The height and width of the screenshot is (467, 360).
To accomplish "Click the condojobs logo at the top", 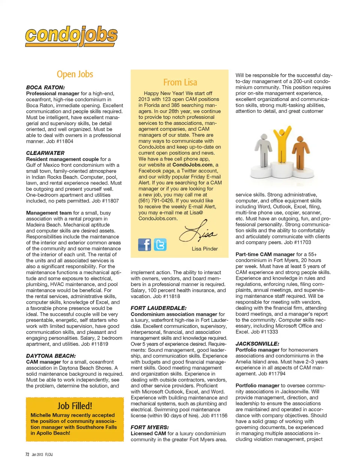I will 71,36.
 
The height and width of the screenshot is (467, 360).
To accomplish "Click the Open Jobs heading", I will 75,74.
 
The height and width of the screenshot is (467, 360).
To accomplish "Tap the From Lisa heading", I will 180,82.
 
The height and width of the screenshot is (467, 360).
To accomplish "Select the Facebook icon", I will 144,245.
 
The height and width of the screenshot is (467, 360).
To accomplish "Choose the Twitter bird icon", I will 160,245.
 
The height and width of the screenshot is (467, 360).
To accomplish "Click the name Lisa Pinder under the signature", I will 204,249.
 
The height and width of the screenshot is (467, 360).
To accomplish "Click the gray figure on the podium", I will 264,150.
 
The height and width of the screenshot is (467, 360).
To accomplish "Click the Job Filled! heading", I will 75,406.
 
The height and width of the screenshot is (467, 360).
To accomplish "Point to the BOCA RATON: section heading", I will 45,87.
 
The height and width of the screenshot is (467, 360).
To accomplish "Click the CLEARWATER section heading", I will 45,153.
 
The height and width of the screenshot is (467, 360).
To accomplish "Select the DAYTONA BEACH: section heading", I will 51,356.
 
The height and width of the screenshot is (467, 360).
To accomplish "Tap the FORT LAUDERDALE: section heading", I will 158,308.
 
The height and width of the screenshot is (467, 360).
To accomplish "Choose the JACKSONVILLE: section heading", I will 257,344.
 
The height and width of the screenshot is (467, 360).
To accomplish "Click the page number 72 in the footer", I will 27,454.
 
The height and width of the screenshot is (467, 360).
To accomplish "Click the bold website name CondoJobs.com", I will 192,165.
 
